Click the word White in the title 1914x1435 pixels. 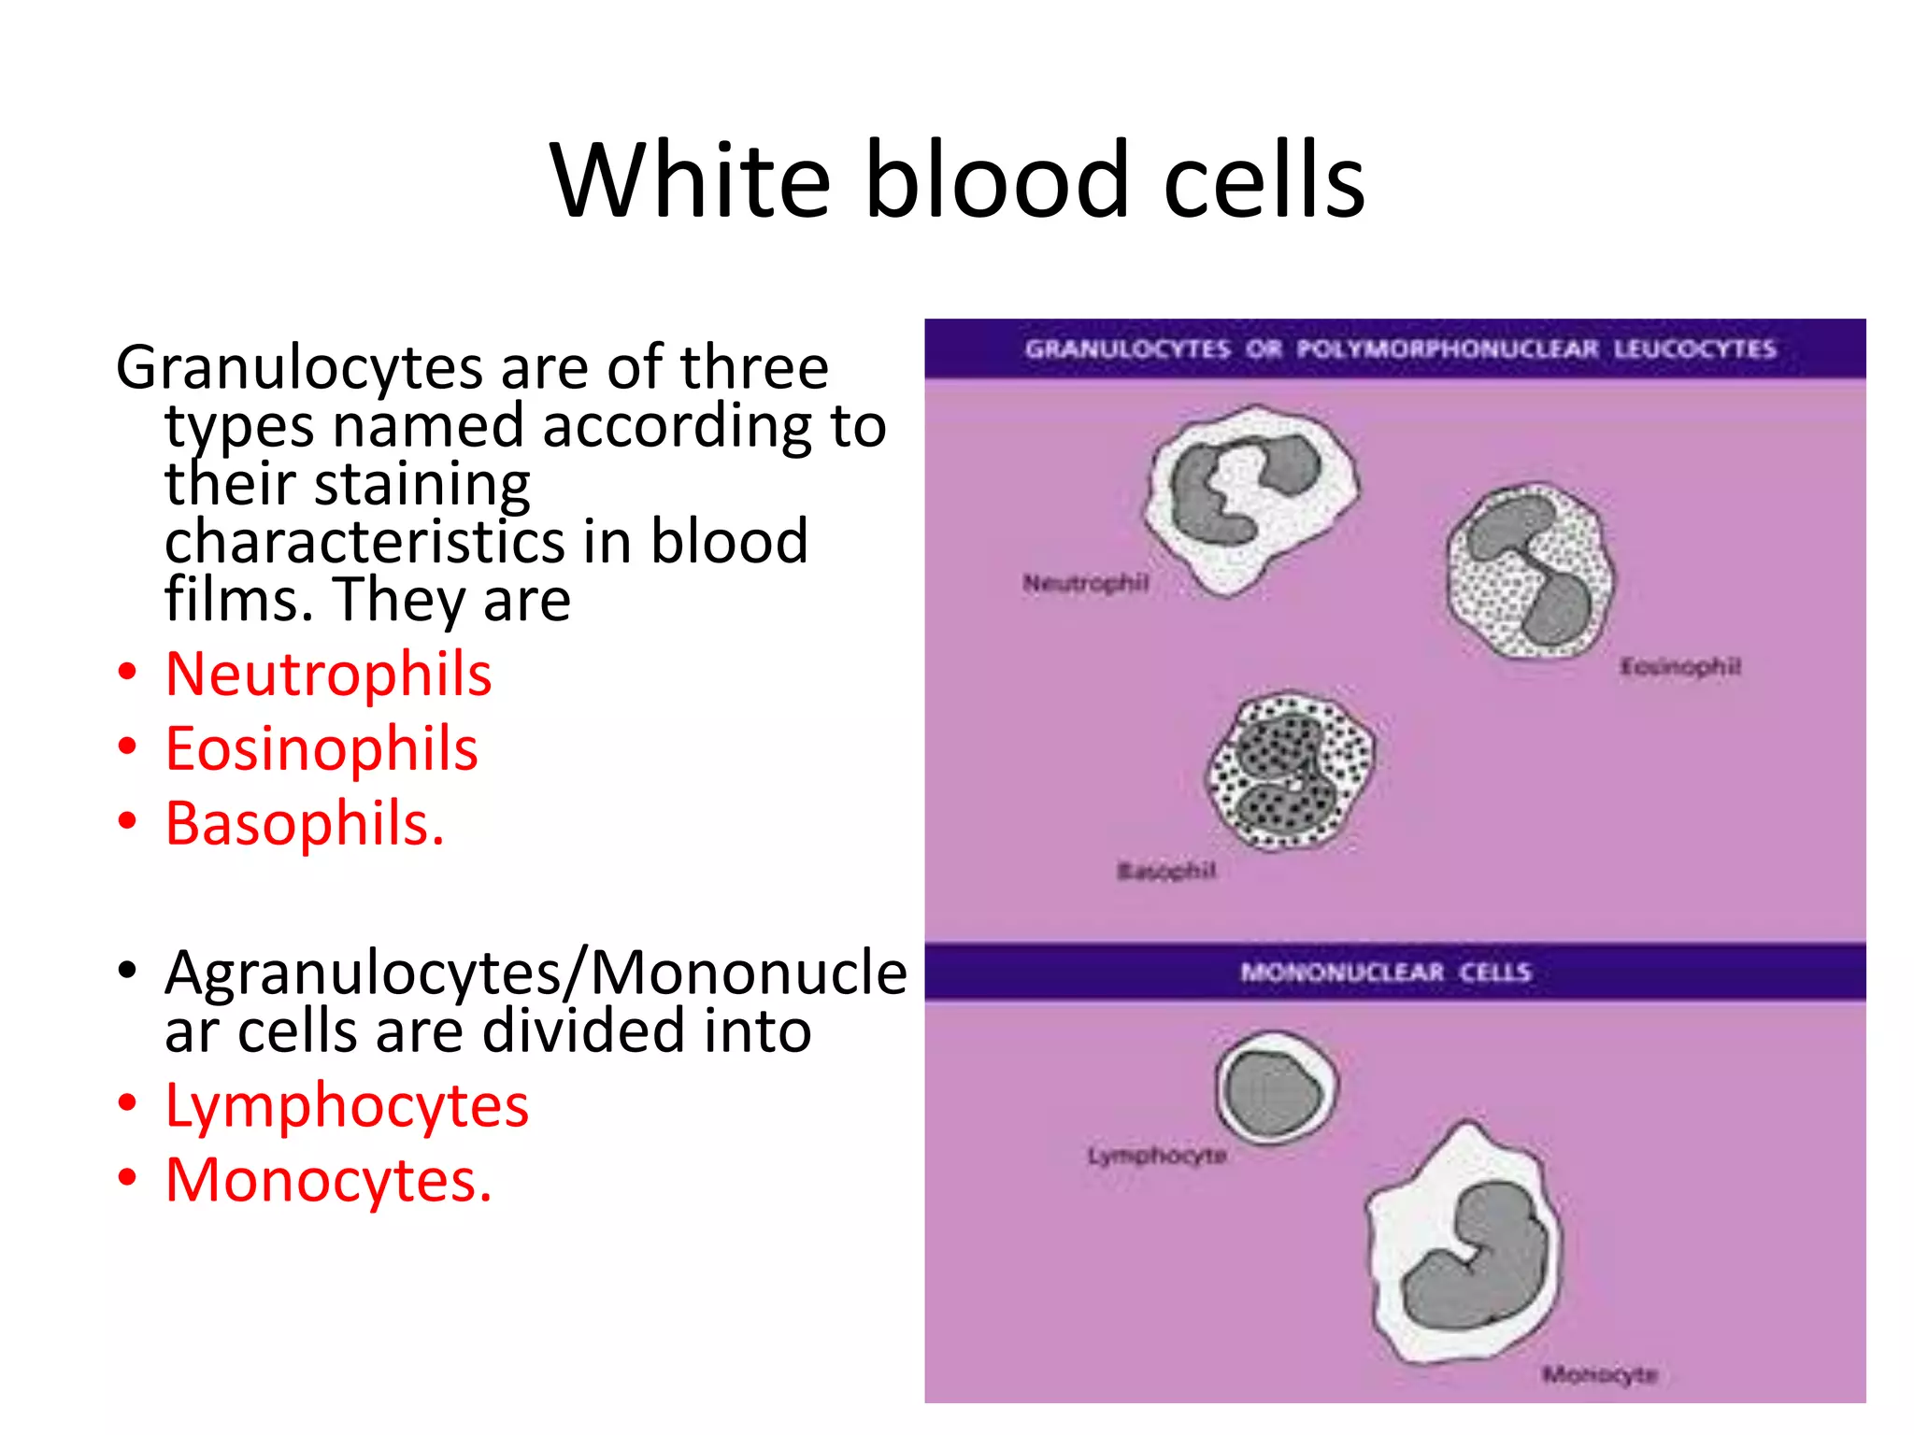(x=690, y=179)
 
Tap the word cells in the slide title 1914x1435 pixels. (x=1264, y=179)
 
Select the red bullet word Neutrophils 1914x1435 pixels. (x=328, y=674)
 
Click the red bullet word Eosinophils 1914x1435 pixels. (x=321, y=748)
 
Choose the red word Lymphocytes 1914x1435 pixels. (x=347, y=1105)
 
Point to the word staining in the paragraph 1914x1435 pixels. (x=421, y=484)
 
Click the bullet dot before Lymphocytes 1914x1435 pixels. (x=128, y=1103)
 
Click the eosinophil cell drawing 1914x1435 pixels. (x=1529, y=571)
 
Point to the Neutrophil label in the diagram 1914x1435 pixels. (x=1085, y=584)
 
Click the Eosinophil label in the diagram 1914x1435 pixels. (x=1679, y=667)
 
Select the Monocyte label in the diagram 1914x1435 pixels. (x=1599, y=1374)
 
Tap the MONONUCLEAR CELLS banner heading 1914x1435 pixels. (x=1385, y=973)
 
